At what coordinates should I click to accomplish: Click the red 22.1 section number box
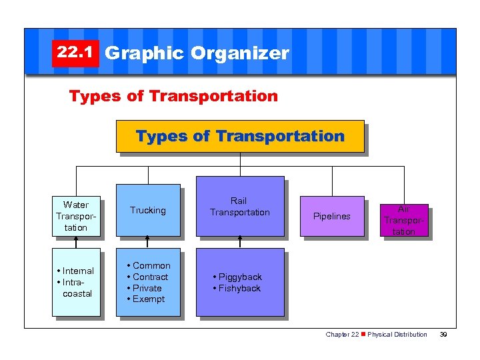tap(75, 53)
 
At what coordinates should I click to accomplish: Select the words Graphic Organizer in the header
tap(197, 53)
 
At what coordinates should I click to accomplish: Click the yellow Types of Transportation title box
tap(240, 137)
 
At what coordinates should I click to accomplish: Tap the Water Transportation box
tap(75, 216)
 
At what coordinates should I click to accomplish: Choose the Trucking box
tap(148, 210)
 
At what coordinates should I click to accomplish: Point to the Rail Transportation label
tap(239, 207)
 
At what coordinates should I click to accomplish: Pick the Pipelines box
tap(331, 217)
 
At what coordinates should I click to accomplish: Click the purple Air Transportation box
tap(403, 220)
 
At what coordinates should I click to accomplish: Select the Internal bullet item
tap(77, 271)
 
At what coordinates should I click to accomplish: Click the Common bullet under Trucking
tap(149, 265)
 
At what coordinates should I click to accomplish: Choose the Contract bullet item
tap(148, 277)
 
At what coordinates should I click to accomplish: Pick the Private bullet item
tap(145, 288)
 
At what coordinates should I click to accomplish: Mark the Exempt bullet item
tap(147, 299)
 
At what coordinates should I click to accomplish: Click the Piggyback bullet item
tap(238, 277)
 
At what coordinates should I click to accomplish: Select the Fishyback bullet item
tap(237, 288)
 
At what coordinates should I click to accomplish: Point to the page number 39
tap(443, 335)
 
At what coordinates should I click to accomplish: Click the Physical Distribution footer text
tap(397, 335)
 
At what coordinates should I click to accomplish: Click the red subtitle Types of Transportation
tap(173, 96)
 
